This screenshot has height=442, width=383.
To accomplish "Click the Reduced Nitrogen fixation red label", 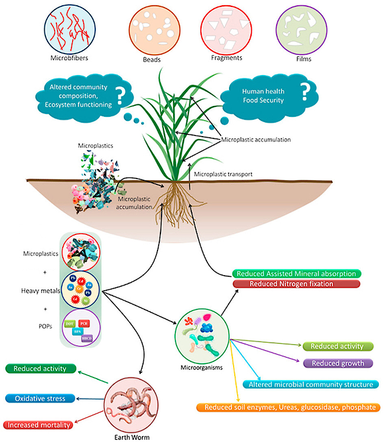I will point(291,284).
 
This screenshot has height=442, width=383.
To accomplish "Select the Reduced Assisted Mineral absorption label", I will point(296,273).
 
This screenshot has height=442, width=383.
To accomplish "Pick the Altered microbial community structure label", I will point(310,384).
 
